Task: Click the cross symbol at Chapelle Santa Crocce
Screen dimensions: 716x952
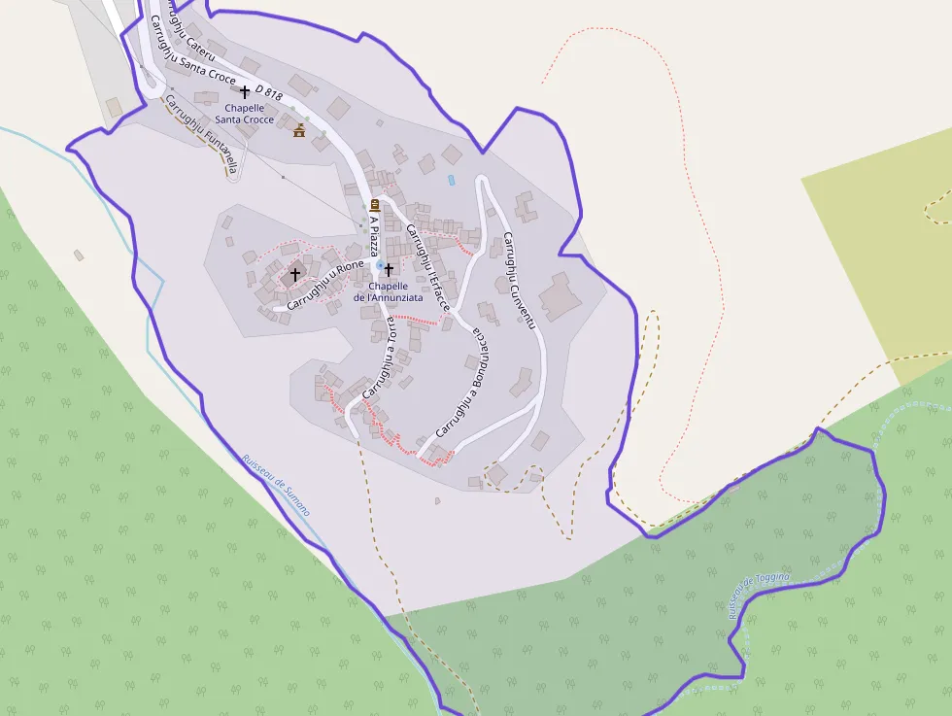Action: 245,91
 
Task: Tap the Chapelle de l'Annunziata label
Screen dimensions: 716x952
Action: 389,291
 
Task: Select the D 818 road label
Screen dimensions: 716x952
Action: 268,92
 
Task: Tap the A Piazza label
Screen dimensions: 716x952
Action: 374,236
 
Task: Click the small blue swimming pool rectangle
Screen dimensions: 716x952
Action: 451,181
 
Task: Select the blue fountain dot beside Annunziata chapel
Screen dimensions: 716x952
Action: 379,264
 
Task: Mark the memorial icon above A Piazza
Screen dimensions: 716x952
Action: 375,204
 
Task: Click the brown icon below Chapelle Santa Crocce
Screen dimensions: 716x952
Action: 299,131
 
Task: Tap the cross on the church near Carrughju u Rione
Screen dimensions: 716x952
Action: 295,275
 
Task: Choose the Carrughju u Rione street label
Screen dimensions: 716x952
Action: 324,279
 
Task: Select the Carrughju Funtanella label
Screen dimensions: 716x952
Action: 201,134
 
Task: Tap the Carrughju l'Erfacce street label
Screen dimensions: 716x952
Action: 427,266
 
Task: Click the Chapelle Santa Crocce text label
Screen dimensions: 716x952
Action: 245,113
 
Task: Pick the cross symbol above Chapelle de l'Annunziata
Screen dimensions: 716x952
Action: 390,269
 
